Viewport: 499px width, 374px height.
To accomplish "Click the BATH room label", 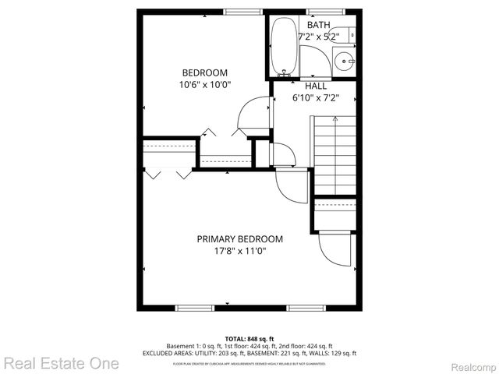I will click(x=317, y=25).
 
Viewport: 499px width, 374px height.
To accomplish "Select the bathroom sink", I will click(x=344, y=59).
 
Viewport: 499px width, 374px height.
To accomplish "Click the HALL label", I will click(x=316, y=86).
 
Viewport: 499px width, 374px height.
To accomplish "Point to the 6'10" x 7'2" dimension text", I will click(x=316, y=99).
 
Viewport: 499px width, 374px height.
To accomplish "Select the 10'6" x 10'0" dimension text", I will click(x=204, y=84).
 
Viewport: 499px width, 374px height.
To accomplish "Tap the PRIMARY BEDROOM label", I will click(x=239, y=239).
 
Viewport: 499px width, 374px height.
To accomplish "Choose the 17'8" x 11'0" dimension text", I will click(x=239, y=252).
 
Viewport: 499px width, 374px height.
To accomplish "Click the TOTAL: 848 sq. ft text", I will click(x=249, y=339).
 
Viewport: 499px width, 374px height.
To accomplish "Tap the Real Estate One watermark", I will click(x=61, y=362).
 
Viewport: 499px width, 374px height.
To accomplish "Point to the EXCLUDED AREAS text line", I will click(x=249, y=353).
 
